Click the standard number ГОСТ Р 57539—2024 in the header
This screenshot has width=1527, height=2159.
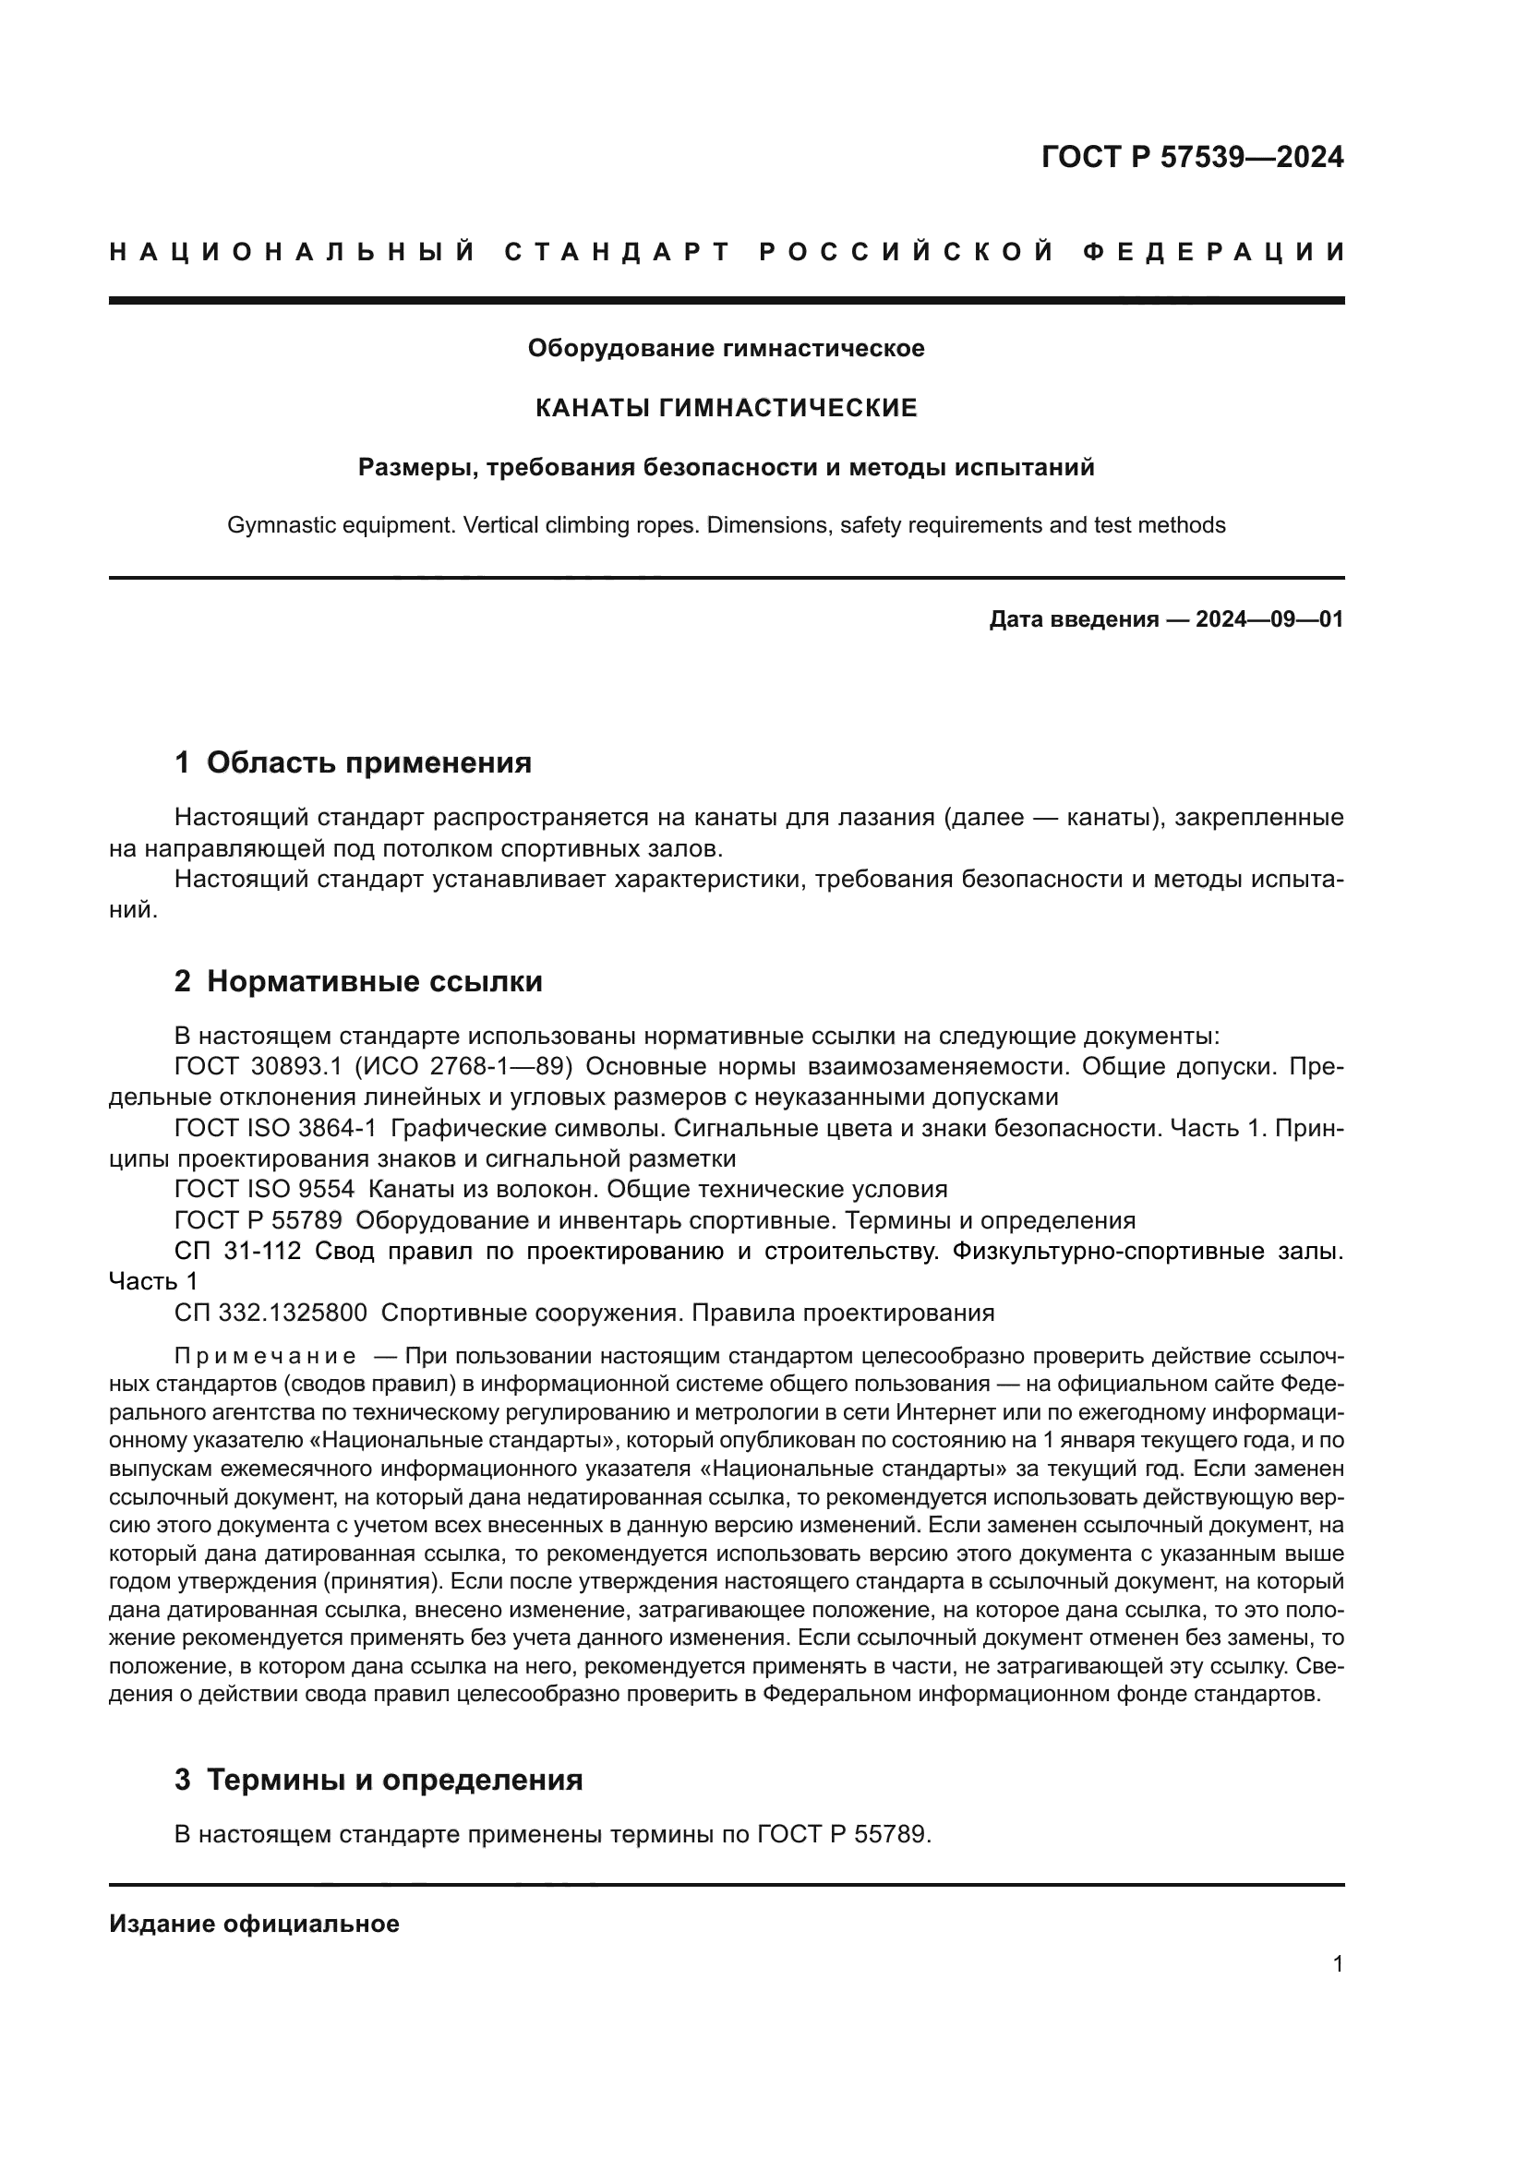[1192, 157]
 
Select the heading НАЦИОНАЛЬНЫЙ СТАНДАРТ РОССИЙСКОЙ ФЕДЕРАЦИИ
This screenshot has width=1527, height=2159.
[727, 252]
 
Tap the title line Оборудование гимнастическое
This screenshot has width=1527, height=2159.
[726, 349]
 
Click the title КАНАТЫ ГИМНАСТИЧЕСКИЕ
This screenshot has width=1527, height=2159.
[726, 408]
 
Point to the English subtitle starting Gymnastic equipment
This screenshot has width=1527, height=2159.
[726, 524]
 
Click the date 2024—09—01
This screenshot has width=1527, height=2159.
[1269, 619]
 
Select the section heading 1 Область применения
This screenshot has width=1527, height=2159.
[354, 762]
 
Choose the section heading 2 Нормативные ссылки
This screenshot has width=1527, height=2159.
[358, 982]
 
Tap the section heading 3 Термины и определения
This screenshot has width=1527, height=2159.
[379, 1780]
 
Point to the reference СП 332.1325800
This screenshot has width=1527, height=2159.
[271, 1313]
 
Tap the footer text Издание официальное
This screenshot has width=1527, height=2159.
[254, 1924]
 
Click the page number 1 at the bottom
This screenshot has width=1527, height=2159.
[1337, 1964]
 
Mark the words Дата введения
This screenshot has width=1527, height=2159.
[1073, 619]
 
